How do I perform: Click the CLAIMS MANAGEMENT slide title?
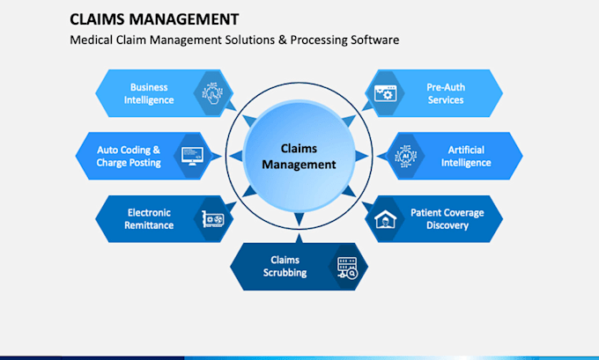click(154, 19)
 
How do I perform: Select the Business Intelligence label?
click(149, 93)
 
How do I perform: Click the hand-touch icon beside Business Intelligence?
click(212, 93)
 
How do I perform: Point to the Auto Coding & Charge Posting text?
click(129, 156)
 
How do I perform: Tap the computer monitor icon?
click(192, 156)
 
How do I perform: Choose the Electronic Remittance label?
click(149, 219)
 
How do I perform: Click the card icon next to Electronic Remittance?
click(213, 219)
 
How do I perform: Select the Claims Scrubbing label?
click(285, 266)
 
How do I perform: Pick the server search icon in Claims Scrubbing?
click(347, 268)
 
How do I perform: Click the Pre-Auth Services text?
click(446, 93)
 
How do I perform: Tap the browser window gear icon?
click(386, 93)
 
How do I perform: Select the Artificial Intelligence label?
click(466, 156)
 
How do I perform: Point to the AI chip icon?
click(406, 156)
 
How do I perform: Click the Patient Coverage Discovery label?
click(447, 219)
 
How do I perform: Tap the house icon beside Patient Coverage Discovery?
click(386, 219)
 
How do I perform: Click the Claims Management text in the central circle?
click(299, 156)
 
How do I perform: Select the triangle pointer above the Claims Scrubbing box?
click(299, 239)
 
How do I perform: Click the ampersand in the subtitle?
click(282, 40)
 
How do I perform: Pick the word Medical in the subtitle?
click(92, 40)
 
